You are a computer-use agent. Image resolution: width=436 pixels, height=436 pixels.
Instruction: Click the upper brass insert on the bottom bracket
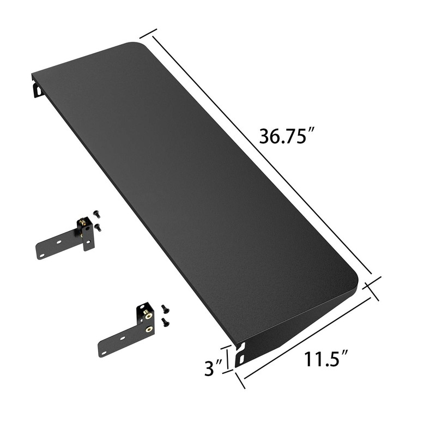tap(148, 314)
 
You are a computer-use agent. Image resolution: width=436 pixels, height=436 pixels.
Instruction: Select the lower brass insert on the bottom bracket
tap(148, 329)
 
